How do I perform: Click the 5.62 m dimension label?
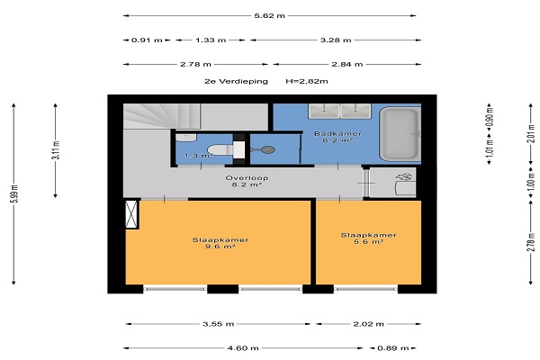point(269,15)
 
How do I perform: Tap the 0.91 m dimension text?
point(147,40)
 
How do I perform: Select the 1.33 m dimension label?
point(211,40)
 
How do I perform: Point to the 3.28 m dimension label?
point(336,40)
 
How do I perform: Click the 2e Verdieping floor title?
point(236,81)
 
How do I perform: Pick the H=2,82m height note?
point(307,81)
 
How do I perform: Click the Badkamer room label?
point(337,134)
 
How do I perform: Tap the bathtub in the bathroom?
point(400,134)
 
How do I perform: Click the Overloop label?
point(247,178)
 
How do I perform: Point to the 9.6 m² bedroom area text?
point(220,247)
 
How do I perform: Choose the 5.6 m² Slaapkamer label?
point(368,238)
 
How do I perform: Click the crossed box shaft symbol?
point(131,214)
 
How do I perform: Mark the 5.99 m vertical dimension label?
point(14,194)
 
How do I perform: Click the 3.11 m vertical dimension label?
point(56,150)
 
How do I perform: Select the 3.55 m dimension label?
point(219,324)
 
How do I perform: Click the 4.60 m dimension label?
point(243,348)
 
